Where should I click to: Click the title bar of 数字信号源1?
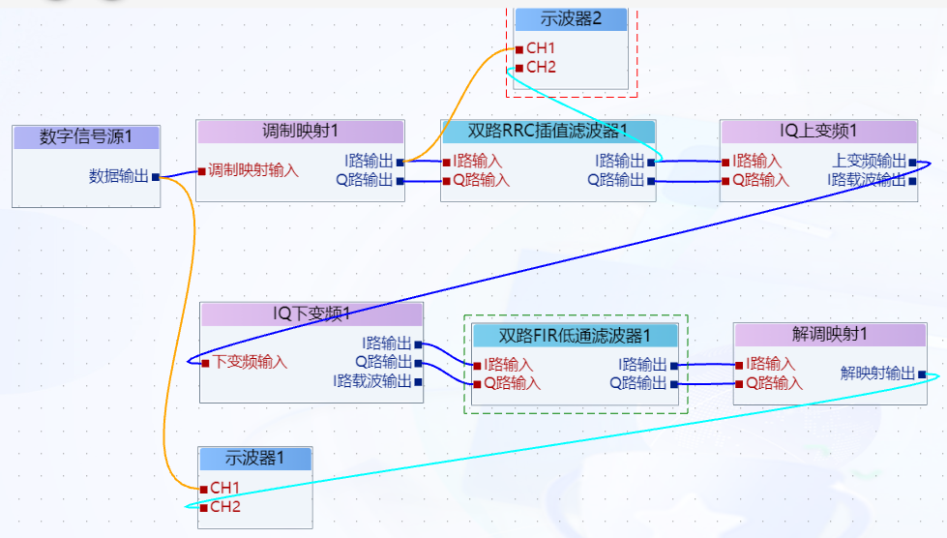pyautogui.click(x=85, y=137)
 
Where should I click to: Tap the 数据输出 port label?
pyautogui.click(x=119, y=176)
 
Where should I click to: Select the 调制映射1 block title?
pyautogui.click(x=300, y=132)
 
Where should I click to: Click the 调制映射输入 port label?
pyautogui.click(x=253, y=170)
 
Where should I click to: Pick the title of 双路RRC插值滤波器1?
pyautogui.click(x=547, y=132)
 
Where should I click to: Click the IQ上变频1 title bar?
pyautogui.click(x=818, y=132)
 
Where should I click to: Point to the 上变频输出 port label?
pyautogui.click(x=870, y=162)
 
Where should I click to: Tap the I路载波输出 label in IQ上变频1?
pyautogui.click(x=867, y=180)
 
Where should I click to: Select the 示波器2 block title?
pyautogui.click(x=571, y=19)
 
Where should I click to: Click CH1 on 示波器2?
pyautogui.click(x=541, y=48)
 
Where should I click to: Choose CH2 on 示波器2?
pyautogui.click(x=541, y=68)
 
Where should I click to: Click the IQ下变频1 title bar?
pyautogui.click(x=311, y=314)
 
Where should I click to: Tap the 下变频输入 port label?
pyautogui.click(x=251, y=363)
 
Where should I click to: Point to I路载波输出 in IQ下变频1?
pyautogui.click(x=372, y=381)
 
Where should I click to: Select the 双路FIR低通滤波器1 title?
pyautogui.click(x=575, y=336)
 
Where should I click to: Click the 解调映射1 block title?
pyautogui.click(x=829, y=335)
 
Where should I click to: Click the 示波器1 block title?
pyautogui.click(x=255, y=458)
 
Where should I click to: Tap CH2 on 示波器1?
pyautogui.click(x=225, y=507)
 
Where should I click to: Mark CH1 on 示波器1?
pyautogui.click(x=225, y=488)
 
